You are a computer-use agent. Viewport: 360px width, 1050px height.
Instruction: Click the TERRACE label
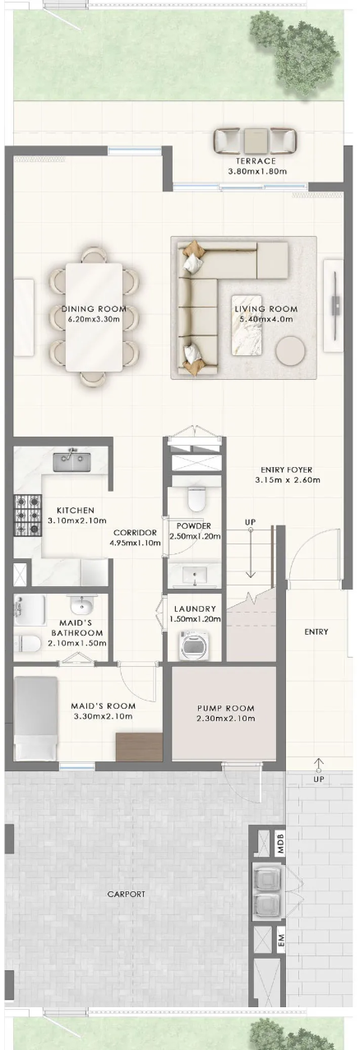[x=256, y=161]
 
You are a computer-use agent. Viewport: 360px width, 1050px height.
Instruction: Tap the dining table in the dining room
[x=94, y=317]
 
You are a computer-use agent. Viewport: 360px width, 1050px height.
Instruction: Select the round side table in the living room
[x=291, y=350]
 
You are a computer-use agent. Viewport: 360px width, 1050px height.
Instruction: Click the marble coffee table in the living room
[x=247, y=325]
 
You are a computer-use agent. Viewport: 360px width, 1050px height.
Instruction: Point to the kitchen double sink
[x=72, y=462]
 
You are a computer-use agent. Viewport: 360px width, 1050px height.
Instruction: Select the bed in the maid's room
[x=35, y=718]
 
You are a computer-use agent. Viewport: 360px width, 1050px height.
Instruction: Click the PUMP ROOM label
[x=225, y=708]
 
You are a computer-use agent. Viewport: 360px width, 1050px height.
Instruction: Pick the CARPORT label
[x=126, y=894]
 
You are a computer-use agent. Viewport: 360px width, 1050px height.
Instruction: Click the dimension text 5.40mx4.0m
[x=265, y=319]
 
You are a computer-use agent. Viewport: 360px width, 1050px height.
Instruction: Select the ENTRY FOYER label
[x=286, y=469]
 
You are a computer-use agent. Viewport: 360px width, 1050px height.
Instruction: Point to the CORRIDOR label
[x=135, y=533]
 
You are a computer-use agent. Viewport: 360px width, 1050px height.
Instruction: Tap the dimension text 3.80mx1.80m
[x=257, y=171]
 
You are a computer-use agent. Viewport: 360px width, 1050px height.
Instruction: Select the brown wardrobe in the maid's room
[x=139, y=747]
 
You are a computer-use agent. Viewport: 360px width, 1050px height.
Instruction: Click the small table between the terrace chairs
[x=256, y=140]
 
